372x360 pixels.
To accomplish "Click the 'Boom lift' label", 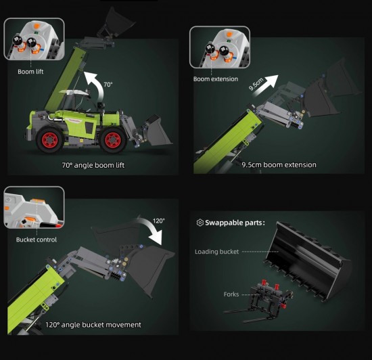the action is click(x=30, y=72).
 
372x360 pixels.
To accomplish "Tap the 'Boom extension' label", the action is click(x=215, y=78).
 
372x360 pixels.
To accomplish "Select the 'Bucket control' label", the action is click(x=37, y=240).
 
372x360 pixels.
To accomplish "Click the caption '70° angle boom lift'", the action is click(x=93, y=165).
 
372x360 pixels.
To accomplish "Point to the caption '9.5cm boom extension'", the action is click(x=279, y=164).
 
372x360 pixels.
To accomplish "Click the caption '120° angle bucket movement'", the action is click(x=93, y=325).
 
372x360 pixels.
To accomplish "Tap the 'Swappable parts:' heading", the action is click(x=235, y=223).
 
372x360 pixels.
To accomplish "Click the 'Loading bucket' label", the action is click(x=216, y=252).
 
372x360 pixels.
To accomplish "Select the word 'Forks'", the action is click(x=231, y=294).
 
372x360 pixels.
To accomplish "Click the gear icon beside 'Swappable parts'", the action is click(x=200, y=223).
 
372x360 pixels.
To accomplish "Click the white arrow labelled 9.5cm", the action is click(x=266, y=85).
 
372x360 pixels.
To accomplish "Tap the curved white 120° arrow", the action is click(x=152, y=228).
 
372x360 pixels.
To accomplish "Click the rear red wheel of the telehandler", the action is click(x=50, y=139).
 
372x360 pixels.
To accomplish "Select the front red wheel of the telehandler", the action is click(x=113, y=139).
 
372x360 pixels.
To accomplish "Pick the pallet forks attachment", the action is click(x=258, y=300).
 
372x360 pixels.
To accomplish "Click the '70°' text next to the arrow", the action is click(x=108, y=85).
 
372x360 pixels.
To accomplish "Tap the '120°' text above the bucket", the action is click(x=158, y=221).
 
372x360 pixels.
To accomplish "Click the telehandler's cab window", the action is click(x=69, y=102).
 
